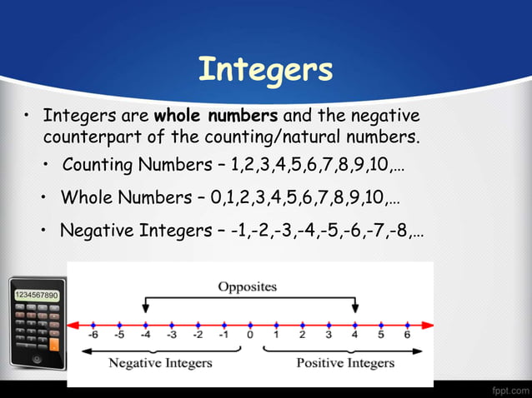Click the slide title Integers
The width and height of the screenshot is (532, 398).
coord(265,69)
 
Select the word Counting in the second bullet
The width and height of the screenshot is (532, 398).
coord(95,164)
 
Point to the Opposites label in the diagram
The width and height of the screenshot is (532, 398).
coord(248,286)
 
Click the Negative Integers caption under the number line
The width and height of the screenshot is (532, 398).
coord(161,363)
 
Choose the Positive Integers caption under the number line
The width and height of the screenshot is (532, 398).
coord(345,363)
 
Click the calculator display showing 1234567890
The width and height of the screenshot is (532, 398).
coord(35,296)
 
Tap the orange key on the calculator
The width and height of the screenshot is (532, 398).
coord(53,342)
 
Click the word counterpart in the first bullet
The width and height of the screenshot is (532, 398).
coord(88,136)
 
